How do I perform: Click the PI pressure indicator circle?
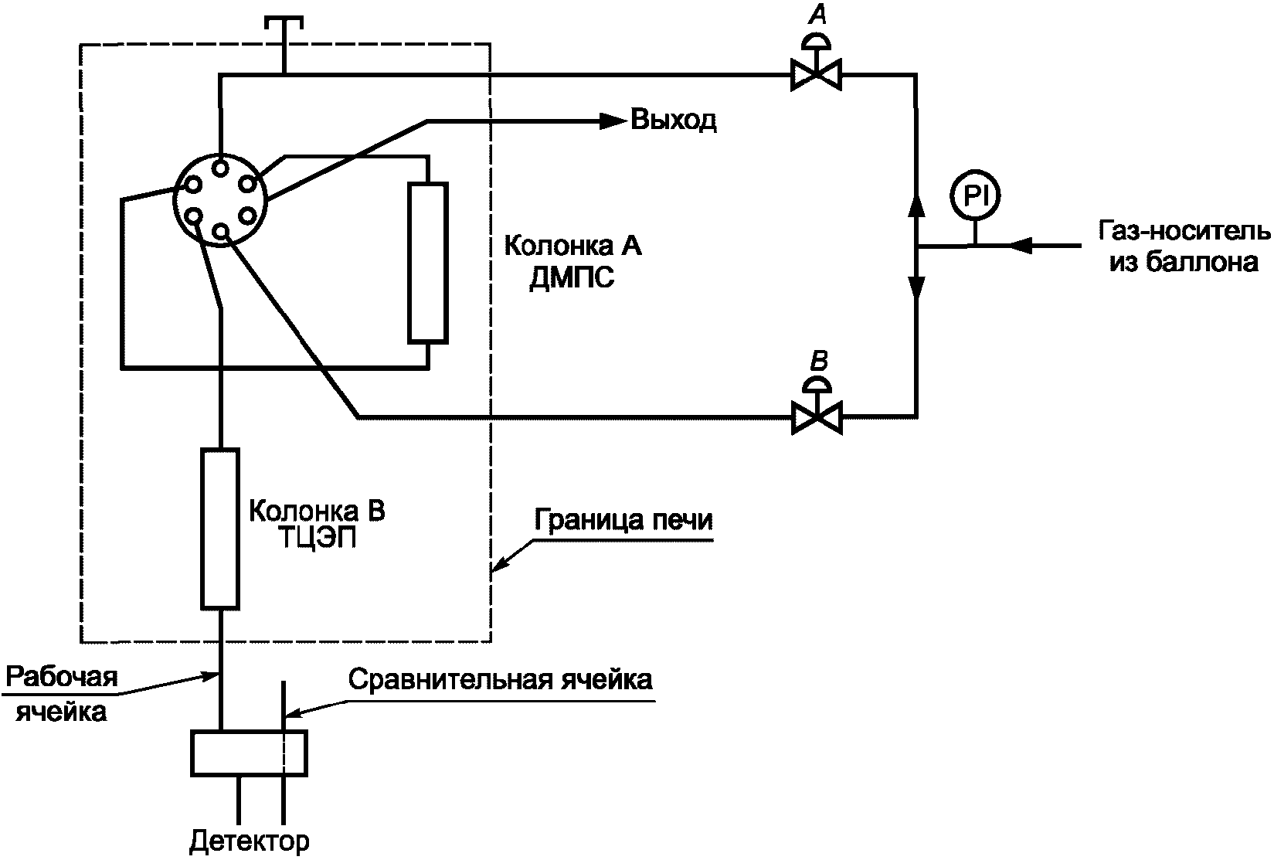[975, 195]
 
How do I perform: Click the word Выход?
[674, 120]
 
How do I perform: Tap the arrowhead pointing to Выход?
[613, 121]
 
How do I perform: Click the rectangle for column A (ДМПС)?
[428, 263]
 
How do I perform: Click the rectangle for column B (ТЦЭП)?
[220, 529]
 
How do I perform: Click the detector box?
[249, 753]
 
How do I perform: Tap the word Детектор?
[249, 841]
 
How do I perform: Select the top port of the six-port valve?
[221, 168]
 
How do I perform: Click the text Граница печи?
[623, 521]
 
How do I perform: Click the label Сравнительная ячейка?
[501, 680]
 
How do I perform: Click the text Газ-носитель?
[1184, 232]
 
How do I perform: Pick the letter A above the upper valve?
[817, 15]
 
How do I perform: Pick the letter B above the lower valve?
[818, 361]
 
